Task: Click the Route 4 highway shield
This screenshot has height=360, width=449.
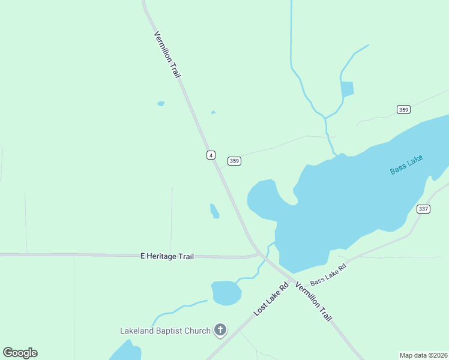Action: [x=211, y=155]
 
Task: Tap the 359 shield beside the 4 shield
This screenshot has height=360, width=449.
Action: [x=234, y=161]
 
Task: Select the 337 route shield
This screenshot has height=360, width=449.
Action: [x=423, y=209]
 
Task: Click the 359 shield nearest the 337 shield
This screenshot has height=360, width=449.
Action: [x=403, y=109]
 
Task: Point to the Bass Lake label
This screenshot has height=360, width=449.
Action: [x=406, y=164]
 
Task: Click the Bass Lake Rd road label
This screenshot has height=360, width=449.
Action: [x=328, y=274]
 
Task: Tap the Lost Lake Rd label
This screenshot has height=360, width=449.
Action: [x=271, y=298]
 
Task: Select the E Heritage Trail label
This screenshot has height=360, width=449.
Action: [x=167, y=256]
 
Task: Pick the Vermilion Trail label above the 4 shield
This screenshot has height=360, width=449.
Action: [x=167, y=54]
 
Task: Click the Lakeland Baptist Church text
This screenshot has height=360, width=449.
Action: [x=165, y=331]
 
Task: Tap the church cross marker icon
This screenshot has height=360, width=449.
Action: [x=220, y=329]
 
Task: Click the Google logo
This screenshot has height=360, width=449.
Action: [x=20, y=353]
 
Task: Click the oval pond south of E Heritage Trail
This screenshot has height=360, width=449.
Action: [x=226, y=292]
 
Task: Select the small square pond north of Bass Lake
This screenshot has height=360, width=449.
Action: [x=347, y=89]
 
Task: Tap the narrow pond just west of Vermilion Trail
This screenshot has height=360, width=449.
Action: [x=214, y=211]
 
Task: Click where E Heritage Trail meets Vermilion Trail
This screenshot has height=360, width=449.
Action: [x=260, y=254]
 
